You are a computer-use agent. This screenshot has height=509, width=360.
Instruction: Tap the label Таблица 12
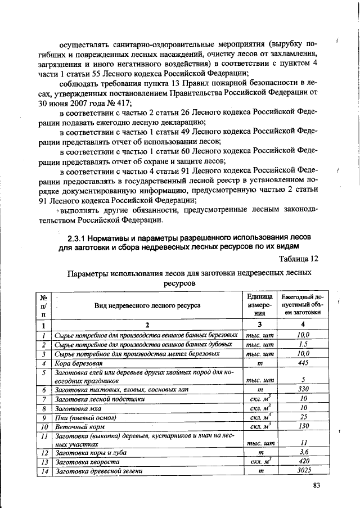(x=299, y=258)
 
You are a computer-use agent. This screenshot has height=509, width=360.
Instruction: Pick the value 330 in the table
(x=303, y=389)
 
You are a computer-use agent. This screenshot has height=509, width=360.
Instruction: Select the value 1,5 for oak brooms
(x=303, y=344)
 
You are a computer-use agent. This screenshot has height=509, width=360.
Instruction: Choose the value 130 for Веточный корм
(x=303, y=426)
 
